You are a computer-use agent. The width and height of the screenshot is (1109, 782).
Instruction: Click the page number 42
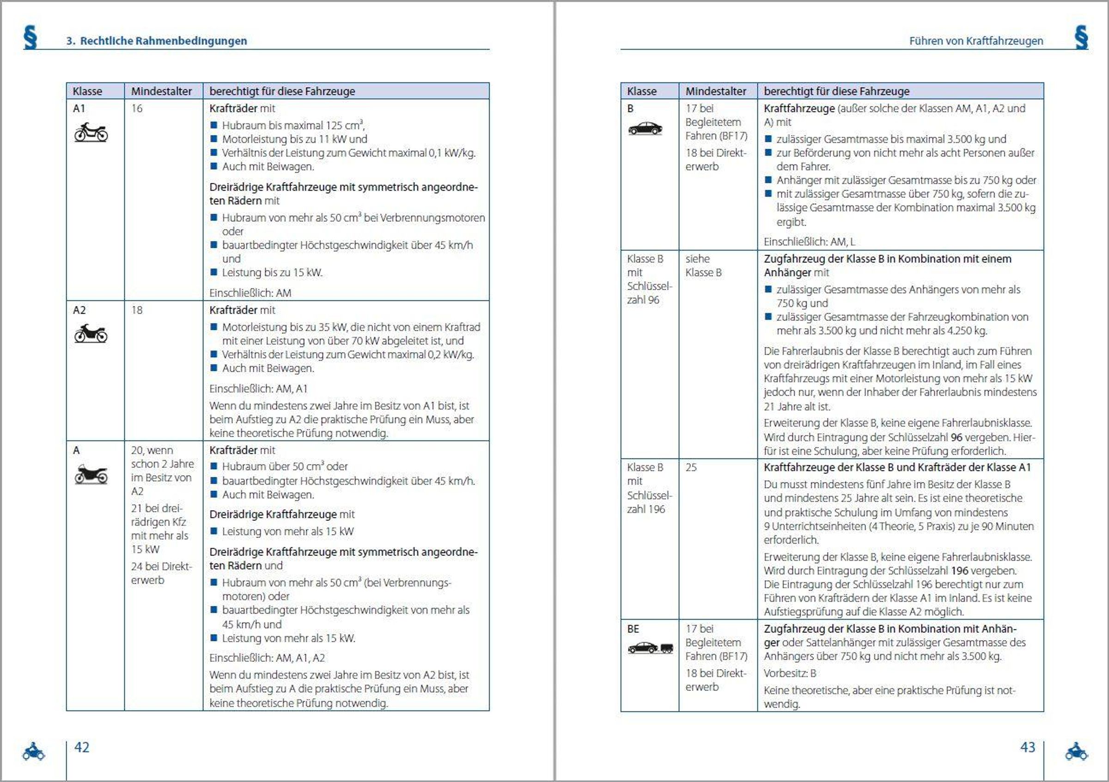82,747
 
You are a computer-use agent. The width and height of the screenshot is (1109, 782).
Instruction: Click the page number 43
1027,747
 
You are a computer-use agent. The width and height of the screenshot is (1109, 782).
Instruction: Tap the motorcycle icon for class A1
91,132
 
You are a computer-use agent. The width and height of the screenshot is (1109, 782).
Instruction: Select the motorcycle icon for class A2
91,334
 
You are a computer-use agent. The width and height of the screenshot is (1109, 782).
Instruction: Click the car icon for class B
645,128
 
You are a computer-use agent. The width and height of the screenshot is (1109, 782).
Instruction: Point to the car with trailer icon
650,648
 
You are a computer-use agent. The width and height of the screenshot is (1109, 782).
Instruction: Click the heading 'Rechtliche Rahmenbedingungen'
163,41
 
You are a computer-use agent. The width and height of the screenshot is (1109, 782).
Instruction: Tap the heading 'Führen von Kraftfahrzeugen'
975,41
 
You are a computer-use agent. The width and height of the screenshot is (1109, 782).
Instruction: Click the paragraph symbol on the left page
30,37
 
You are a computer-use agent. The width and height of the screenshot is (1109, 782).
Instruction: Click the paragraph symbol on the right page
1081,37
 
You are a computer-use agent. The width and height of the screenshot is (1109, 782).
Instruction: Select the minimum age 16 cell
137,109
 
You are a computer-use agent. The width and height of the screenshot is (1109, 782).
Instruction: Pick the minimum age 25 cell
691,468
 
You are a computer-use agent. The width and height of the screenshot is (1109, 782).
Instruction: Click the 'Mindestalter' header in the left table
161,92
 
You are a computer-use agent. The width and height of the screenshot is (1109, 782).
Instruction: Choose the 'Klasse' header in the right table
641,92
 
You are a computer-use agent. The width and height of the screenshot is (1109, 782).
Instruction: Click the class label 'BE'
633,629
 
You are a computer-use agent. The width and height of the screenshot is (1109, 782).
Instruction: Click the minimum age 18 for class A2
137,310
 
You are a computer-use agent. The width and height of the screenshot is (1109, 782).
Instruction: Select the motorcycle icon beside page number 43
1077,751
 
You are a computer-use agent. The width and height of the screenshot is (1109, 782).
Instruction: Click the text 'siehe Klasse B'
703,266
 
